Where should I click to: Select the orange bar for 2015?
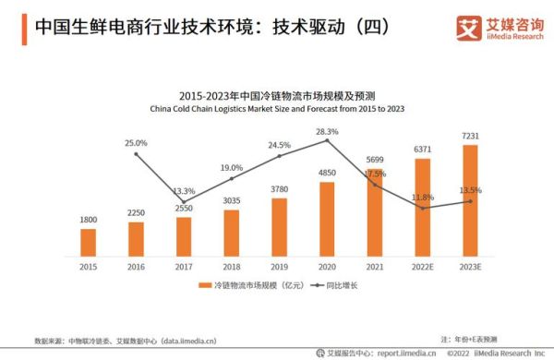[88, 242]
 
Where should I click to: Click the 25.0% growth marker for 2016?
[136, 154]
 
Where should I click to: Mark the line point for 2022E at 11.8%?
[423, 208]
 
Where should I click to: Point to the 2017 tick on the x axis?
[184, 266]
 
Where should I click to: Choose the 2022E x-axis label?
[423, 266]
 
